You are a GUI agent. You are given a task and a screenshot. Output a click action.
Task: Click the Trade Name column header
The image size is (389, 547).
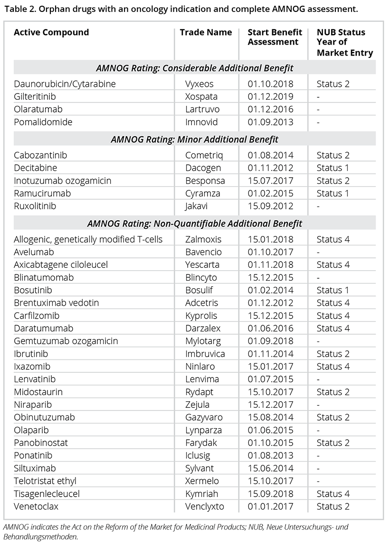(x=206, y=32)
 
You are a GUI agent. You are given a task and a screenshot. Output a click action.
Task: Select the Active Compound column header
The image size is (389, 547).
(x=51, y=32)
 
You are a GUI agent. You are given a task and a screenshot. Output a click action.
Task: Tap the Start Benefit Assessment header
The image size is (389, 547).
(x=275, y=37)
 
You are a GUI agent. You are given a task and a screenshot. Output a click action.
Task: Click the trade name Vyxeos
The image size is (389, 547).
(x=199, y=84)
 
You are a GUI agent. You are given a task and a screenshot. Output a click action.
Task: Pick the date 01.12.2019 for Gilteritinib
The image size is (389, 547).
(x=271, y=97)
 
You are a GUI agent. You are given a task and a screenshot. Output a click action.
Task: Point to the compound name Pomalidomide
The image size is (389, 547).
(x=43, y=122)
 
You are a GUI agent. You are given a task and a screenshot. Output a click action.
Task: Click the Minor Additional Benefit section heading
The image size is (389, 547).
(x=194, y=140)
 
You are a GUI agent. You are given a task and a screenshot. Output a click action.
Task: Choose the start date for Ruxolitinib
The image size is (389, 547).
(x=271, y=207)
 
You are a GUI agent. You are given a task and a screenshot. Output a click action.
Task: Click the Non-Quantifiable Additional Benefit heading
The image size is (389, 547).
(x=194, y=223)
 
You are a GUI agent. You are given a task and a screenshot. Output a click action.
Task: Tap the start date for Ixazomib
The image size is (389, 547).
(x=271, y=367)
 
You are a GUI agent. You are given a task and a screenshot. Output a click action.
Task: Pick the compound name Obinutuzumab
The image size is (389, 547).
(x=44, y=417)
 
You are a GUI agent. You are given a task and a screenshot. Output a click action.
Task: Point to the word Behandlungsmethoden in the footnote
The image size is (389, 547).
(x=40, y=537)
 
